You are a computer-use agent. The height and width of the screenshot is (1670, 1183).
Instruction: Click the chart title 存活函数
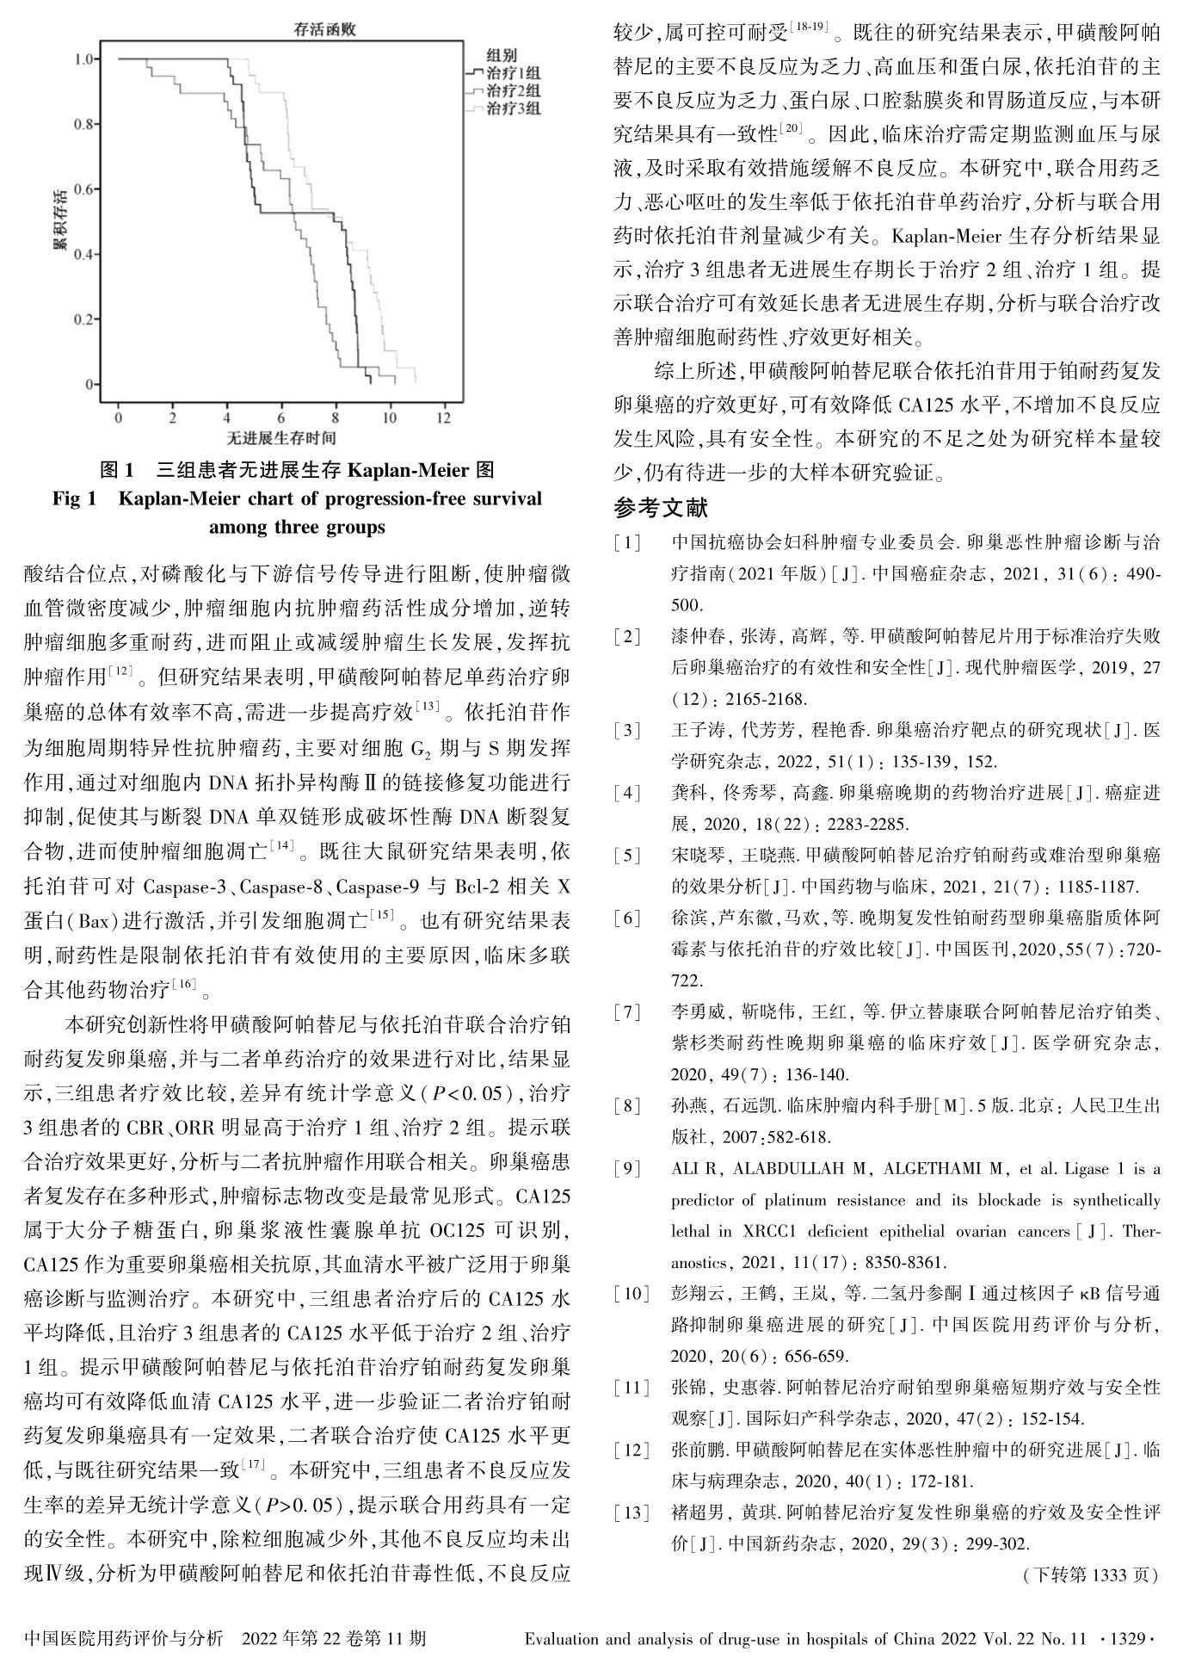click(323, 30)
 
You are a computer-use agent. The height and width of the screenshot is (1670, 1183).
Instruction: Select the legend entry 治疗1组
click(514, 73)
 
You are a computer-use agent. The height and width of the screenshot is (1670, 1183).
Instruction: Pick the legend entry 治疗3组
click(514, 108)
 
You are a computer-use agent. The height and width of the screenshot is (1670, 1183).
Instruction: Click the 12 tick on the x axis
click(443, 417)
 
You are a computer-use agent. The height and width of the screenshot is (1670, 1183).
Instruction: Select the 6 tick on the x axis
click(281, 417)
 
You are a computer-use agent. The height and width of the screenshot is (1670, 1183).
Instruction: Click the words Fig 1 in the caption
click(74, 499)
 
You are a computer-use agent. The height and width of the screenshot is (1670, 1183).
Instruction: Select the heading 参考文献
click(661, 508)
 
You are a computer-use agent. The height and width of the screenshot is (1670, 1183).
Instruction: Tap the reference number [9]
click(627, 1169)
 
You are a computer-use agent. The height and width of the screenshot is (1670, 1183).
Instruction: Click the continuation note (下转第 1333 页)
click(1090, 1575)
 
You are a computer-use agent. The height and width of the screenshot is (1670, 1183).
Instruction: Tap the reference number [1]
click(627, 543)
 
